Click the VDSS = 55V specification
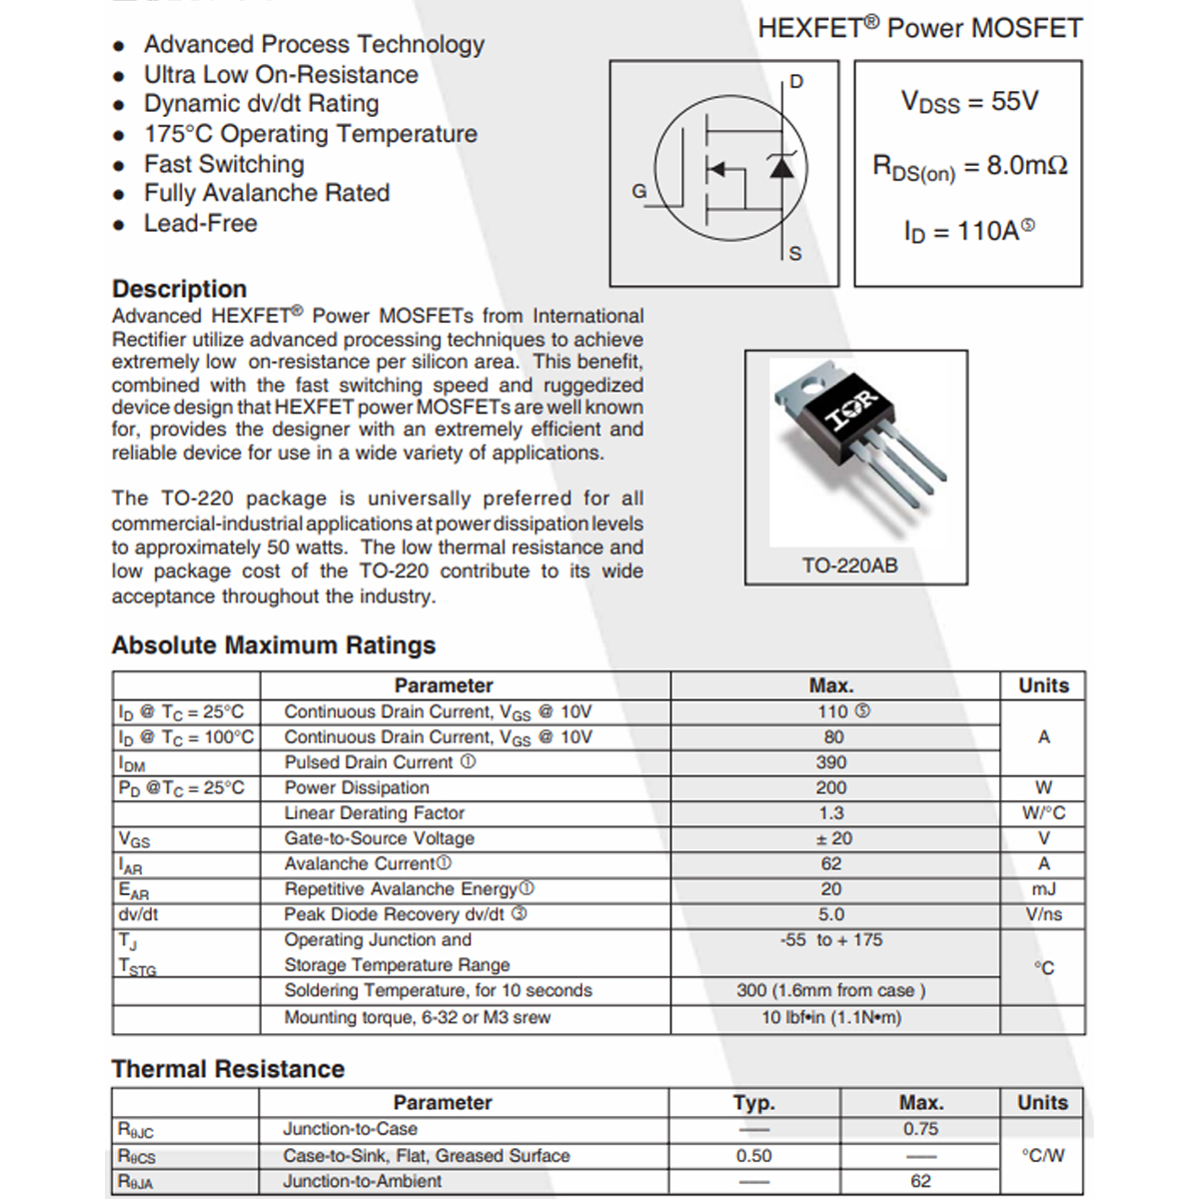click(x=969, y=102)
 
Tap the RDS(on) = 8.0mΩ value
click(x=969, y=167)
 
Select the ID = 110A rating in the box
click(x=968, y=232)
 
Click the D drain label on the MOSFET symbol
click(x=796, y=82)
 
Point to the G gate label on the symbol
click(x=639, y=191)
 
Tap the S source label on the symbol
click(x=795, y=254)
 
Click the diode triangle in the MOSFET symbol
click(x=781, y=167)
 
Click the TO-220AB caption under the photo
click(x=849, y=566)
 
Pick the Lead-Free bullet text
click(x=200, y=224)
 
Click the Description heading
click(x=179, y=289)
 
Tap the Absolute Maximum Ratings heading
click(x=273, y=645)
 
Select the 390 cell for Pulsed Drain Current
click(x=831, y=762)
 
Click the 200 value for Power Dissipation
click(x=831, y=787)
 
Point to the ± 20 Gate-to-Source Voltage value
click(x=833, y=838)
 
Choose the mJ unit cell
click(x=1043, y=889)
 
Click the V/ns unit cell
click(x=1043, y=914)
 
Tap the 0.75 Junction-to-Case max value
click(x=920, y=1129)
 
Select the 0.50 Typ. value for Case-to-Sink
click(x=754, y=1156)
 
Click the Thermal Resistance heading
click(x=228, y=1069)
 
